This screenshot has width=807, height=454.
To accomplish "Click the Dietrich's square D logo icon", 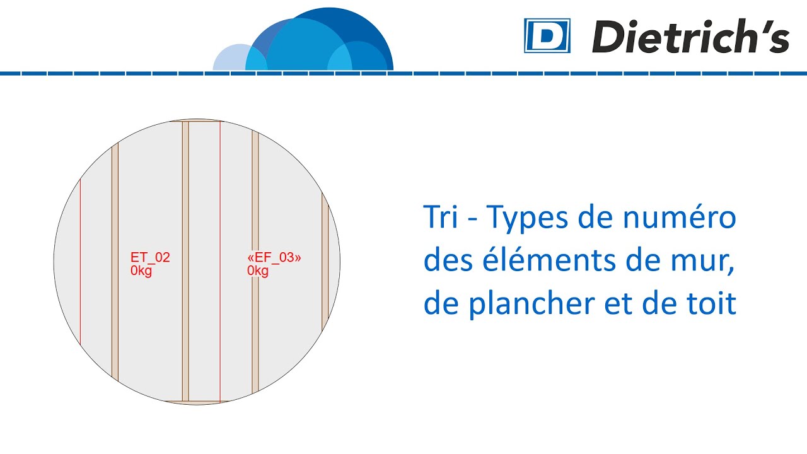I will pos(547,35).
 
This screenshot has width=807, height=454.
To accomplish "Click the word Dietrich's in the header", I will pos(690,37).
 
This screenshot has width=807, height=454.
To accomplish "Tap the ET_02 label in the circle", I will pos(150,257).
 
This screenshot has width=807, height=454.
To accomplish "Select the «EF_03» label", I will pos(274,257).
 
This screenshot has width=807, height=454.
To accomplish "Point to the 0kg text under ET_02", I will pos(141,272).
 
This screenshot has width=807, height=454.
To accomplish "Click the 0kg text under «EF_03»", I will pos(258,272).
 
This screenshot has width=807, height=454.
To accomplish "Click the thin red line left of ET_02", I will pos(80,262).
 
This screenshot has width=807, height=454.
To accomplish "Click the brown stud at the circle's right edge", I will pos(325,262).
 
